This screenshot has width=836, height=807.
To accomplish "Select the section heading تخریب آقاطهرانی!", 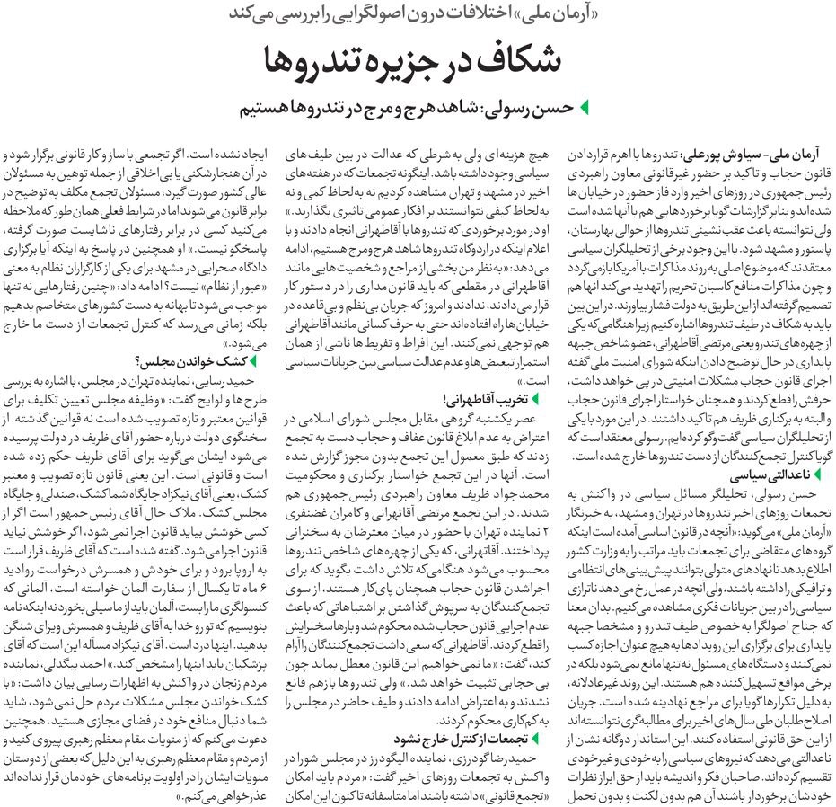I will point(490,398).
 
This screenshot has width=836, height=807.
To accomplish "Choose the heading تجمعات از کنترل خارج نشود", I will point(461,740).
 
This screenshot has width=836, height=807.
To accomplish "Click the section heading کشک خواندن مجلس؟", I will point(194,362).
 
